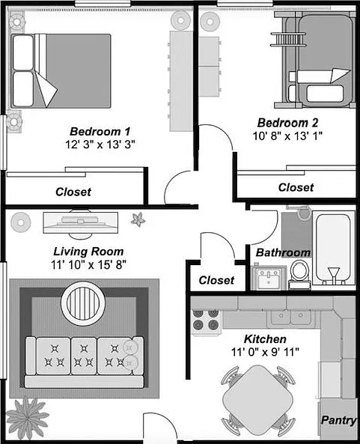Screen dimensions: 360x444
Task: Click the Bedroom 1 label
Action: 100,131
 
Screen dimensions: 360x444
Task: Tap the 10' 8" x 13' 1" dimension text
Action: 287,136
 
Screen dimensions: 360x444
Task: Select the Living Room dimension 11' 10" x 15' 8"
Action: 88,265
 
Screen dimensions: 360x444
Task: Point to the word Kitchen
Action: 265,339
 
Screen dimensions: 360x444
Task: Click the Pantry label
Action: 338,420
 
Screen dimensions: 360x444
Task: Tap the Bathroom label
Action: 283,252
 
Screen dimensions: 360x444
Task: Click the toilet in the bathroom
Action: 299,275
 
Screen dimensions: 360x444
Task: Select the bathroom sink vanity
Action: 269,278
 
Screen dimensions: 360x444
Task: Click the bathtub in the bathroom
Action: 334,249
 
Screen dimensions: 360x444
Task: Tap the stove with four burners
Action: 206,322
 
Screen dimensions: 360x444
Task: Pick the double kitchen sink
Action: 290,317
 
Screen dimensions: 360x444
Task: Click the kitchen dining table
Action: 257,400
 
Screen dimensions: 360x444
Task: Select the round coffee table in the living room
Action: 83,303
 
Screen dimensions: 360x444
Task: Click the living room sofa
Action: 85,362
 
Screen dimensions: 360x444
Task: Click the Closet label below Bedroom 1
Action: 73,192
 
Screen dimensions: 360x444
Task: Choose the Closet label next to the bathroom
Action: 216,280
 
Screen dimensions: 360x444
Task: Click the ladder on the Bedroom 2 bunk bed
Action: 288,40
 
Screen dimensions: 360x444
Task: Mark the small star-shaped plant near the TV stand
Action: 138,219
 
